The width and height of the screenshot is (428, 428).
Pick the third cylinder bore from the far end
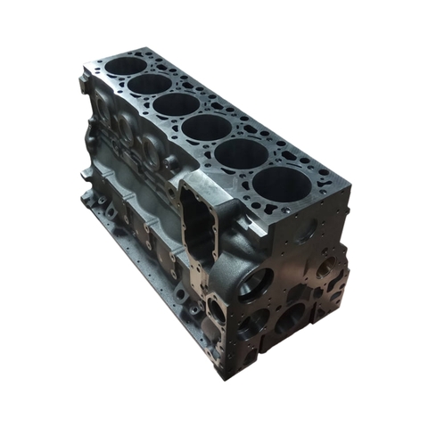177,104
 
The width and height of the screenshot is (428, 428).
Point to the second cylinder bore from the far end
150,84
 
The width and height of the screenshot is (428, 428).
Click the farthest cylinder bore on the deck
126,65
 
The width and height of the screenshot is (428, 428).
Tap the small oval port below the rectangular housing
217,309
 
